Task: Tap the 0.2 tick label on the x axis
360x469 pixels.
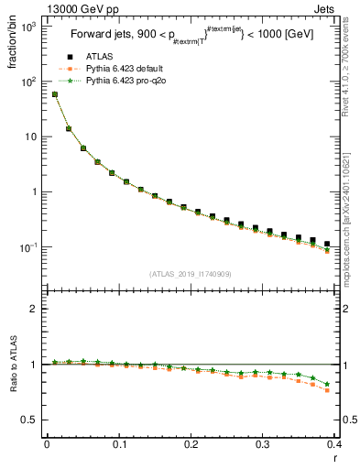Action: tap(191, 443)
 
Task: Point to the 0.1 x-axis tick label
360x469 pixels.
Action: tap(118, 443)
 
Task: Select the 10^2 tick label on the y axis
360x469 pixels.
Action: tap(30, 82)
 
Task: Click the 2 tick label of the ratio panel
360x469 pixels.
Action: tap(36, 309)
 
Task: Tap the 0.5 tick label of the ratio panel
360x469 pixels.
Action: tap(32, 420)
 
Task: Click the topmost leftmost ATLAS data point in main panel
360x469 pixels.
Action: tap(55, 94)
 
